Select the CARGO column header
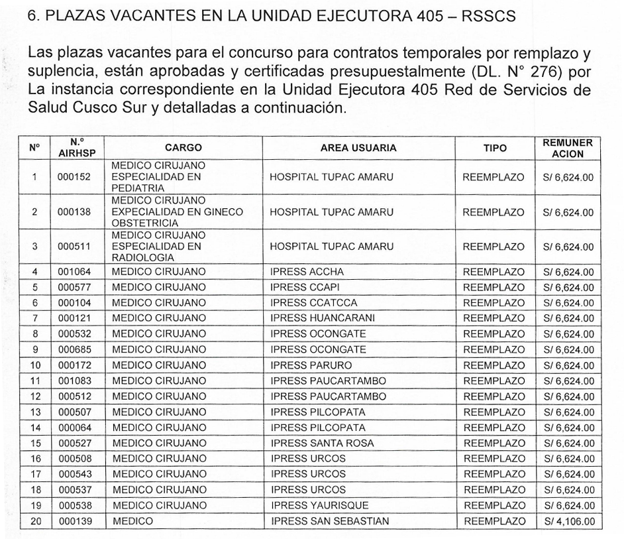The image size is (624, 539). (x=183, y=149)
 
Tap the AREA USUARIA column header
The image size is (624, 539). (x=358, y=149)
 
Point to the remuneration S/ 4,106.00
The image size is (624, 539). (x=568, y=522)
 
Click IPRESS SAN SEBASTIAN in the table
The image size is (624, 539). (x=329, y=521)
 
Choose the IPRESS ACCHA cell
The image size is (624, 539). (x=307, y=272)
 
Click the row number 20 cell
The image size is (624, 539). (x=36, y=521)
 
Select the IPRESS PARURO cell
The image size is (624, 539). (x=311, y=365)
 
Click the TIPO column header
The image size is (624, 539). (x=494, y=149)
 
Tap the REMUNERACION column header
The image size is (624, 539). (x=568, y=149)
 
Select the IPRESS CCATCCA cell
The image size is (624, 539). (x=314, y=303)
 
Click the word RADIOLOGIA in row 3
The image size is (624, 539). (x=143, y=257)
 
